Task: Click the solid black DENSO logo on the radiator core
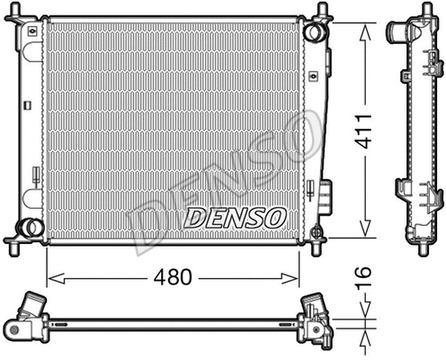(235, 217)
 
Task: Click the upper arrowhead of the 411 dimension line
(364, 28)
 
